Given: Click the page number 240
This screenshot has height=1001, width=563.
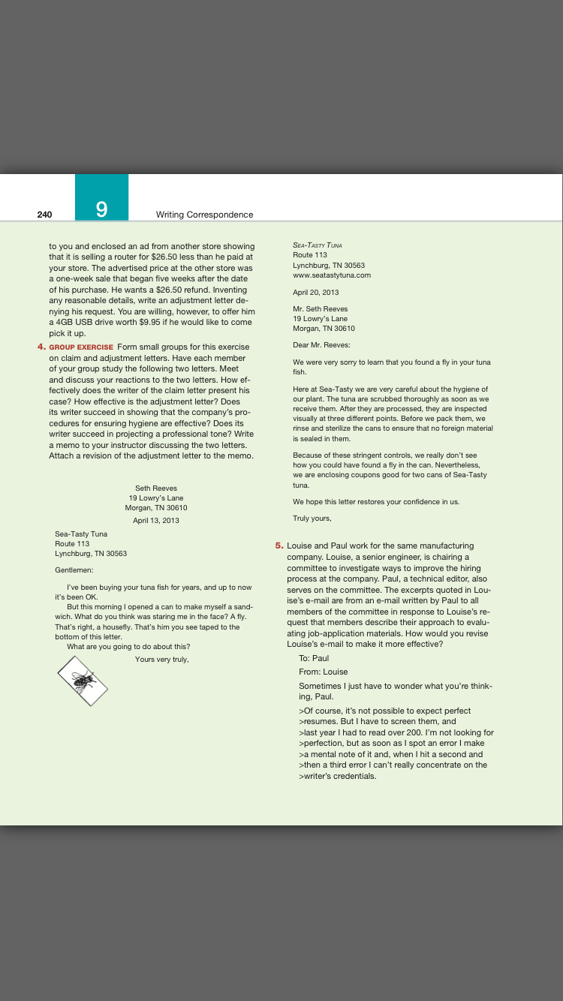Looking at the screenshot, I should (x=44, y=215).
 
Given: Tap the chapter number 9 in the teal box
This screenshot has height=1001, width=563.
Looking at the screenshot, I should (x=101, y=209).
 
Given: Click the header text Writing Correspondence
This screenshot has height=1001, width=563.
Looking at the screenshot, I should (x=204, y=215).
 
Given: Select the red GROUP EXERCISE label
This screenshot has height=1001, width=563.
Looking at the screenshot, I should (x=82, y=347).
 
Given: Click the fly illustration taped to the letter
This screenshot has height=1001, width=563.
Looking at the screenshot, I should (x=83, y=681).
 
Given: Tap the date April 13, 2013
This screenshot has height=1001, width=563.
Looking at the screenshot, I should (x=156, y=520).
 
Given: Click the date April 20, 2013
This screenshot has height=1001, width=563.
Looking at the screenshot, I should (x=316, y=292).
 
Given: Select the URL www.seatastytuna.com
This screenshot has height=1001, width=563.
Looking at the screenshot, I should (x=332, y=275).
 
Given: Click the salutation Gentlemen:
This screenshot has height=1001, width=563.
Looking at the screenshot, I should (x=74, y=570).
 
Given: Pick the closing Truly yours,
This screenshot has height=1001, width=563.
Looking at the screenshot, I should (x=312, y=518).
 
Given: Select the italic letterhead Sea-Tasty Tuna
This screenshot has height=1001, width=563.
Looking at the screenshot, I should (x=318, y=245).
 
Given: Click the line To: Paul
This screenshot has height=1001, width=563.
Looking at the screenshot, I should (x=314, y=658).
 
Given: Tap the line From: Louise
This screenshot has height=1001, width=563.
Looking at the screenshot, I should (x=324, y=672).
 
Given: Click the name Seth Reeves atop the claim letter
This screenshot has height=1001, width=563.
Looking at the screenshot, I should (x=156, y=488).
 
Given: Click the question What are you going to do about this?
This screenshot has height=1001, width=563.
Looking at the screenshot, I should (x=128, y=647).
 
